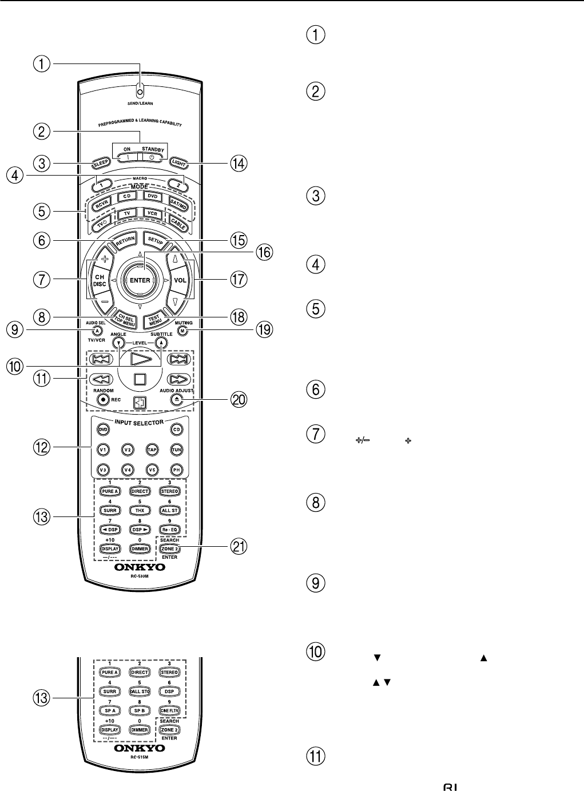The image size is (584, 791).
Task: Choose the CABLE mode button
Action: [x=177, y=224]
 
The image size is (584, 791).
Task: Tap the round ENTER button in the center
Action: [x=140, y=280]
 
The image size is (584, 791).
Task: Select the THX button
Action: [x=140, y=510]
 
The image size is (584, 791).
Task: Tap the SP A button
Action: [x=110, y=710]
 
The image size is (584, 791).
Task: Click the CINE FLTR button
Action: [x=169, y=710]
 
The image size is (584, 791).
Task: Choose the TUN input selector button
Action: [x=177, y=450]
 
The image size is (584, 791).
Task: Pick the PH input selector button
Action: [x=177, y=470]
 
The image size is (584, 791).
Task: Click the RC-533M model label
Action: [x=140, y=577]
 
